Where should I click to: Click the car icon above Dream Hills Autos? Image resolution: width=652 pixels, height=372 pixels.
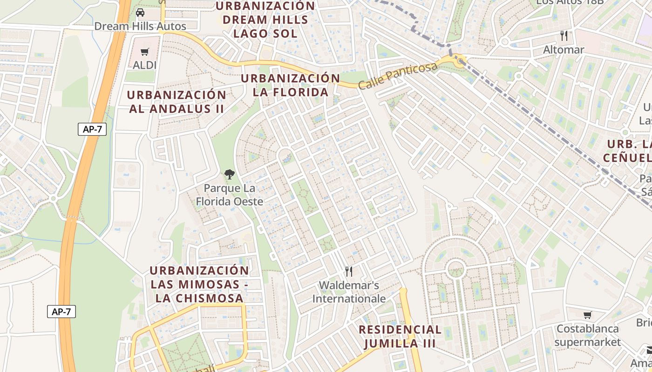[x=140, y=13]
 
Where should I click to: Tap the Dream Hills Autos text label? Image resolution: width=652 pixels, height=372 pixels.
[x=140, y=26]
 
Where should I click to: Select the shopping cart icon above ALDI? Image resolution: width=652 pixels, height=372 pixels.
[x=145, y=52]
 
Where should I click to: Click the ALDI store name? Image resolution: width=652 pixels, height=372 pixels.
[x=145, y=65]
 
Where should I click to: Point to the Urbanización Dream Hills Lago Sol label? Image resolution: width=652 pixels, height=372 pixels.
[x=265, y=20]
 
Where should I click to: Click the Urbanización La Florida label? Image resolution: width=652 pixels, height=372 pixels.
[x=291, y=85]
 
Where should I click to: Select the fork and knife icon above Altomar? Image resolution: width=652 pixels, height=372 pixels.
[x=564, y=36]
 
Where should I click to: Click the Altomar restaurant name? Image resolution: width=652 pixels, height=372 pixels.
[x=564, y=49]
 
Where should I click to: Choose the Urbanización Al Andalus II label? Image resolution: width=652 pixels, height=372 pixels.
[x=177, y=102]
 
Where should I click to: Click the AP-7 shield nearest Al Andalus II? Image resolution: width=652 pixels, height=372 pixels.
[x=92, y=129]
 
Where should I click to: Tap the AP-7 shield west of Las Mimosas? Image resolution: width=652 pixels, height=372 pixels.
[x=61, y=312]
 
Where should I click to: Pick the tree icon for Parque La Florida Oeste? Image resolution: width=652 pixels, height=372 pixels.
[x=229, y=175]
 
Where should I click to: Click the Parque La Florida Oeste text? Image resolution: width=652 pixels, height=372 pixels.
[x=229, y=195]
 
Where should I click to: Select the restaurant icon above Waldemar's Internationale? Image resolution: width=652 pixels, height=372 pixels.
[x=349, y=272]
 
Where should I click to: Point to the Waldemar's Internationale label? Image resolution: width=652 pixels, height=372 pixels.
[x=349, y=292]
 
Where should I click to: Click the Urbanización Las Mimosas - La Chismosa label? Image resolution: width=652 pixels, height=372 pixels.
[x=199, y=284]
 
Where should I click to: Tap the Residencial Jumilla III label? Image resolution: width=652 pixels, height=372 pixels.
[x=400, y=337]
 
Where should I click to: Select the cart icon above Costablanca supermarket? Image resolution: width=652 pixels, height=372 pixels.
[x=588, y=315]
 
